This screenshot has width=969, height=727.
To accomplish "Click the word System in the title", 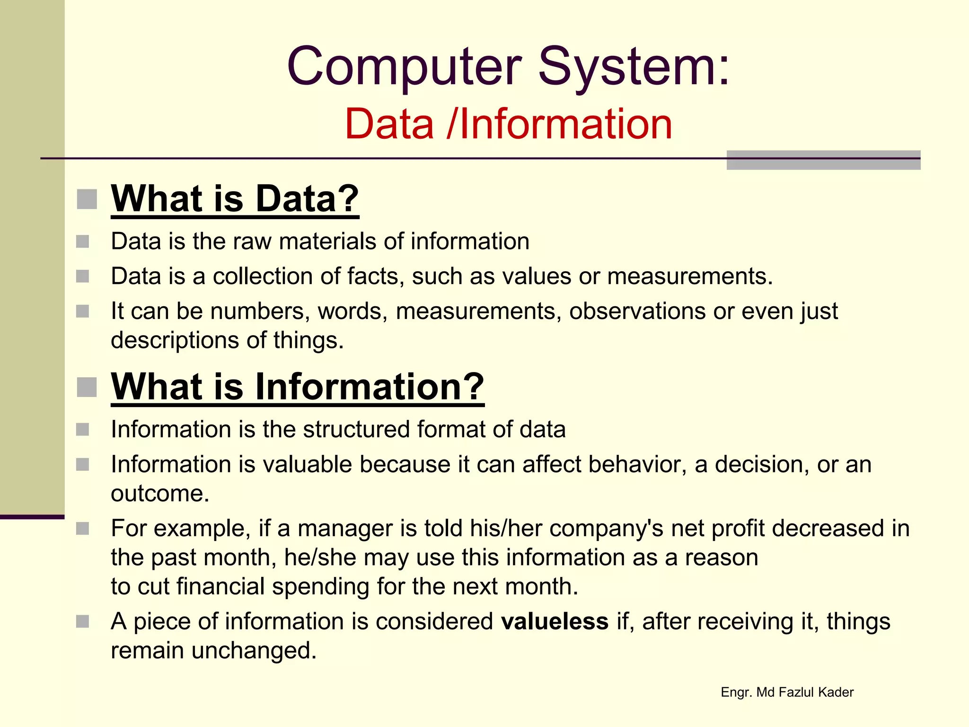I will (634, 67).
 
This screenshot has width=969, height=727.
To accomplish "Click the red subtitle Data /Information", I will (508, 124).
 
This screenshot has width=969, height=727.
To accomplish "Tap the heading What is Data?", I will (235, 199).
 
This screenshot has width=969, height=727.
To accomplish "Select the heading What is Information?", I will (298, 387).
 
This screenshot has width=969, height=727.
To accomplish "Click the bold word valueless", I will (555, 621).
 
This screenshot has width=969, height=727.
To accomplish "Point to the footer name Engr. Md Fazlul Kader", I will (787, 692).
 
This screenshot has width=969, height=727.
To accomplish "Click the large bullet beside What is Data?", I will (87, 199).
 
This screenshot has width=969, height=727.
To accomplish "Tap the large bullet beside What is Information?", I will (87, 387).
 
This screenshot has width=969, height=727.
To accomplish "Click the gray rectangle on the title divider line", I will (823, 160).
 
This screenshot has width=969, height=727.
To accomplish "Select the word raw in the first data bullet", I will (252, 242).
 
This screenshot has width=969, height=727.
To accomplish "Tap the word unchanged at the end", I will (254, 651).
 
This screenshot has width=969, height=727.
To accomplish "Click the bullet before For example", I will (83, 529).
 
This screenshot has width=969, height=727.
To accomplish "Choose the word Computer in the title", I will (404, 67).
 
